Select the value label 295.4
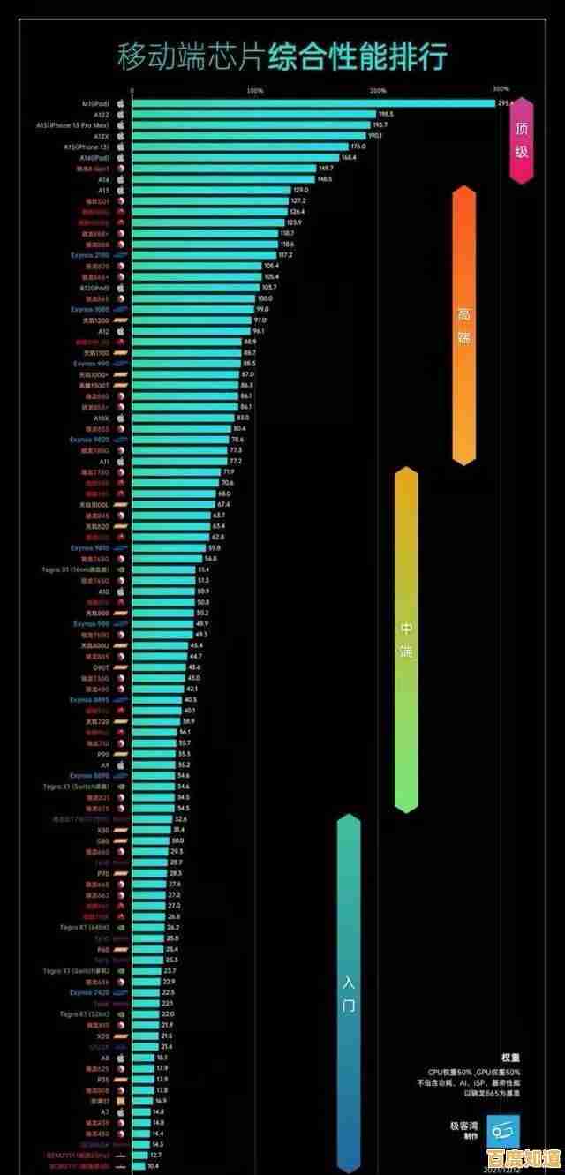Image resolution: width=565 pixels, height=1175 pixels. pos(505,103)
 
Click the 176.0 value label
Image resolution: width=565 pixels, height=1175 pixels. pos(358,147)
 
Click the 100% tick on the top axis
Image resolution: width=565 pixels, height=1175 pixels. pos(255,90)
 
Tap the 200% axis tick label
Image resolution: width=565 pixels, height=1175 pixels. pos(378,90)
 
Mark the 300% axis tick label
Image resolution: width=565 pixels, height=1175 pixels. pos(501,89)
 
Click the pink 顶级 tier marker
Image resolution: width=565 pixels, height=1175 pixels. pos(522,139)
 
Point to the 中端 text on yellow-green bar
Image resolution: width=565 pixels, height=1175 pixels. pos(405,640)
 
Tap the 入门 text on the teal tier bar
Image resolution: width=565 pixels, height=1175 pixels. pos(349,993)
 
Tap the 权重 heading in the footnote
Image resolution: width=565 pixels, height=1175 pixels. pos(510,1057)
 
